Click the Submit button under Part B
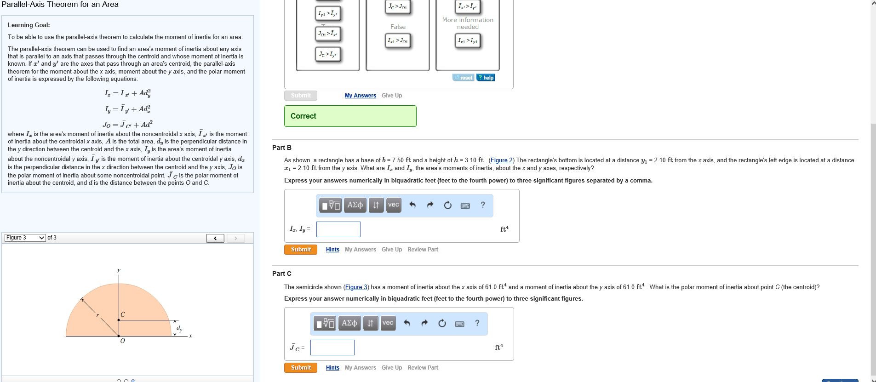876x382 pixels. (x=301, y=249)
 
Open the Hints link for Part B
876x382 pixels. (x=332, y=250)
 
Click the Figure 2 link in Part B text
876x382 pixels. (x=501, y=160)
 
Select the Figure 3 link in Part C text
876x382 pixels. (x=356, y=287)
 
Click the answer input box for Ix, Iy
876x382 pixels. (x=338, y=229)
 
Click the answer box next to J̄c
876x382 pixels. (x=332, y=348)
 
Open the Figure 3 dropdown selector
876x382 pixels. (x=25, y=238)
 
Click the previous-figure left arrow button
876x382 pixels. (x=215, y=238)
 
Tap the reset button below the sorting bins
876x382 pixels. (x=463, y=78)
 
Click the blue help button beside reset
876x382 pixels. (x=486, y=78)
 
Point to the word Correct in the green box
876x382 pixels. (x=303, y=116)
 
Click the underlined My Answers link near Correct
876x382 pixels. (x=360, y=96)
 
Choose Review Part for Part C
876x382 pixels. (x=423, y=368)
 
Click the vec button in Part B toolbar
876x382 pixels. (x=393, y=205)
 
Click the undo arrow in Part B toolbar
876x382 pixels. (x=412, y=205)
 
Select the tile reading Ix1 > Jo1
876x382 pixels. (x=398, y=41)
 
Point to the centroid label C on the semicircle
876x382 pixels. (x=123, y=314)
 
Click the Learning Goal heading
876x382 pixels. (x=29, y=25)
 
